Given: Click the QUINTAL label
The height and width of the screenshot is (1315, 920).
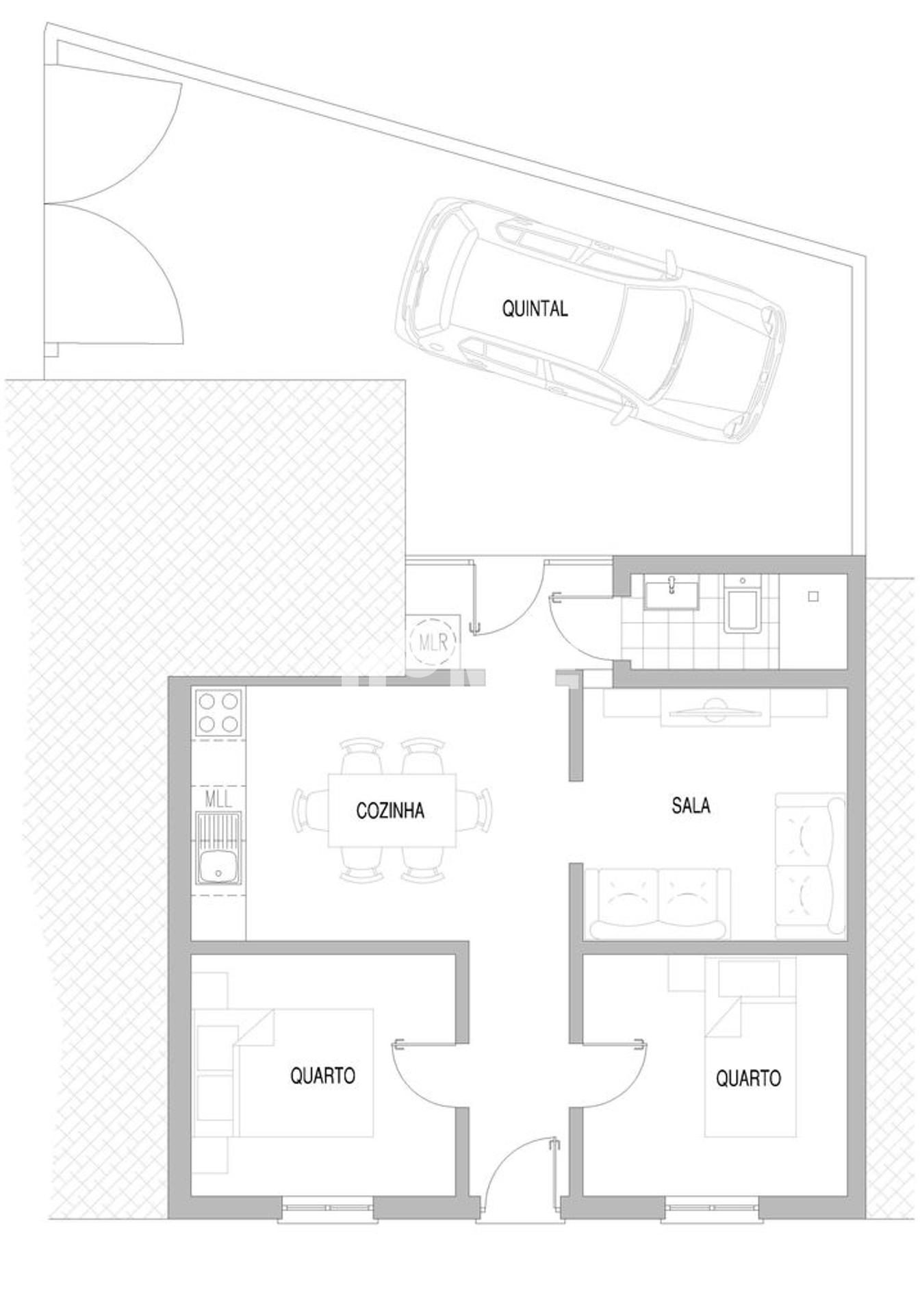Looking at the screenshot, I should click(x=535, y=309).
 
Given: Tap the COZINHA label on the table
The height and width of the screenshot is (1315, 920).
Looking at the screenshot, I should click(x=390, y=810).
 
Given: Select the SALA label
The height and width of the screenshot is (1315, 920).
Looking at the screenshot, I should click(x=691, y=805).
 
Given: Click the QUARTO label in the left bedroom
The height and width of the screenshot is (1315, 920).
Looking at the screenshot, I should click(x=323, y=1075).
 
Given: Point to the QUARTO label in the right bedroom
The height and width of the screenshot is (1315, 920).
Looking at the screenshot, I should click(x=748, y=1079).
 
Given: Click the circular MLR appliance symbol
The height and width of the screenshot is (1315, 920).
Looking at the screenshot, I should click(x=433, y=642).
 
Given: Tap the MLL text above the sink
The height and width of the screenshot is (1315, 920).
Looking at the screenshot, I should click(x=218, y=798).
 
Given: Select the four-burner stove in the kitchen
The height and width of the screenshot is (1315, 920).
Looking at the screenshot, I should click(x=218, y=712).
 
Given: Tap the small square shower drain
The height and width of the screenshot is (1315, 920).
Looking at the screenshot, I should click(x=813, y=597).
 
